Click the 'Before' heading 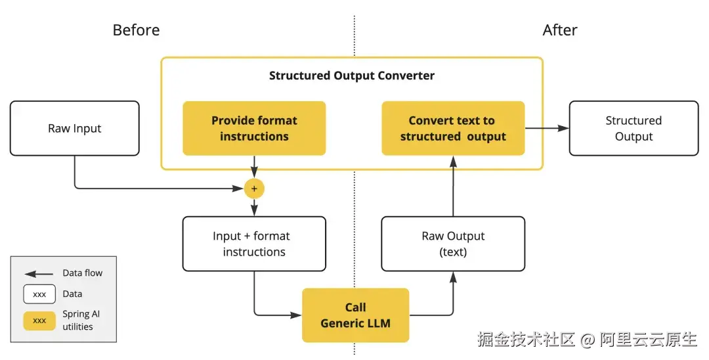point(136,30)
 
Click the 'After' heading point(560,30)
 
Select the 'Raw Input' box point(74,128)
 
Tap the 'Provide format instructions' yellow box point(254,128)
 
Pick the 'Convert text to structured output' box point(453,128)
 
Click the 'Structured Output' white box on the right point(634,128)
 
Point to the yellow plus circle point(254,189)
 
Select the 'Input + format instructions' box point(254,244)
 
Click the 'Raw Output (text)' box point(453,244)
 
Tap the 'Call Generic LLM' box point(355,315)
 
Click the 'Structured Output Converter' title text point(352,76)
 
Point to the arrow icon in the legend point(39,273)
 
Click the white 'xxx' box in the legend point(39,294)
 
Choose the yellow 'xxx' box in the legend point(39,321)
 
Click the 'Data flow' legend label point(83,273)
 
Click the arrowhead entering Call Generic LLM point(297,315)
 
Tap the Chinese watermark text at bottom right point(587,339)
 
